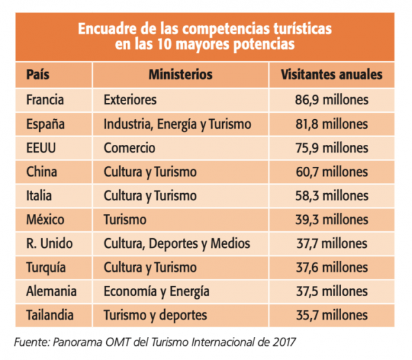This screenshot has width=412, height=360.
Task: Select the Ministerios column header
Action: coord(180,75)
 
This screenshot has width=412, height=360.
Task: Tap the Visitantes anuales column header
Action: coord(332,75)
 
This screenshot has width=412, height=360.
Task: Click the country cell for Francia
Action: coord(46,100)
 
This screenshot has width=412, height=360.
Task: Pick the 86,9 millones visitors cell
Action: coord(332,100)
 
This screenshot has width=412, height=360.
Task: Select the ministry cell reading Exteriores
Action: coord(130,100)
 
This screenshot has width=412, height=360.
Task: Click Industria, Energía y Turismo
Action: coord(177,124)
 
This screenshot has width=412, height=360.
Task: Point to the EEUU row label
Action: coord(42,147)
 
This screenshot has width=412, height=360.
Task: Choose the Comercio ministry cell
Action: coord(129,147)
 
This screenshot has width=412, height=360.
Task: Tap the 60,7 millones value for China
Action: coord(332,172)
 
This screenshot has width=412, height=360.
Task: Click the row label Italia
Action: coord(39,196)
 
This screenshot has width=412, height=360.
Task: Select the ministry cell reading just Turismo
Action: coord(125,220)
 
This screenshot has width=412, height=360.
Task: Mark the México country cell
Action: coord(45,220)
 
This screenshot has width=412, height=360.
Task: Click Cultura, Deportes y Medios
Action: coord(176,243)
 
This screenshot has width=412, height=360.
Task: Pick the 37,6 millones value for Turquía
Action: coord(332,267)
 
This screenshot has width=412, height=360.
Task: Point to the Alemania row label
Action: coord(51,291)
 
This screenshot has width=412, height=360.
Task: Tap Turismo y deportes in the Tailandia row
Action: coord(155,315)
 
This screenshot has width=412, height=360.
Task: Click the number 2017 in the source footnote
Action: coord(283,340)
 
